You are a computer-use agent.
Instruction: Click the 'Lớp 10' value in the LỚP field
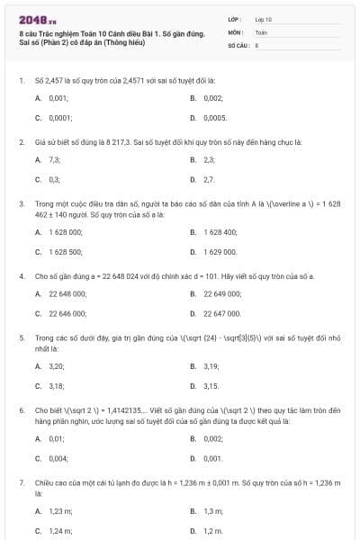pyautogui.click(x=263, y=19)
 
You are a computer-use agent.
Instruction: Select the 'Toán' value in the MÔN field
pyautogui.click(x=261, y=31)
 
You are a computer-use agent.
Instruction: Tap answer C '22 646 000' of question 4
pyautogui.click(x=67, y=313)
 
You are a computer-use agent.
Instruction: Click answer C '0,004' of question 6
pyautogui.click(x=57, y=458)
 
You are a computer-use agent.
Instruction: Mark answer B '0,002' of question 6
pyautogui.click(x=212, y=438)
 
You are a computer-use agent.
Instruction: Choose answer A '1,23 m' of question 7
pyautogui.click(x=59, y=511)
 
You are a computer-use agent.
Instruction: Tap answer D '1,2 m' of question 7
pyautogui.click(x=213, y=530)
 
